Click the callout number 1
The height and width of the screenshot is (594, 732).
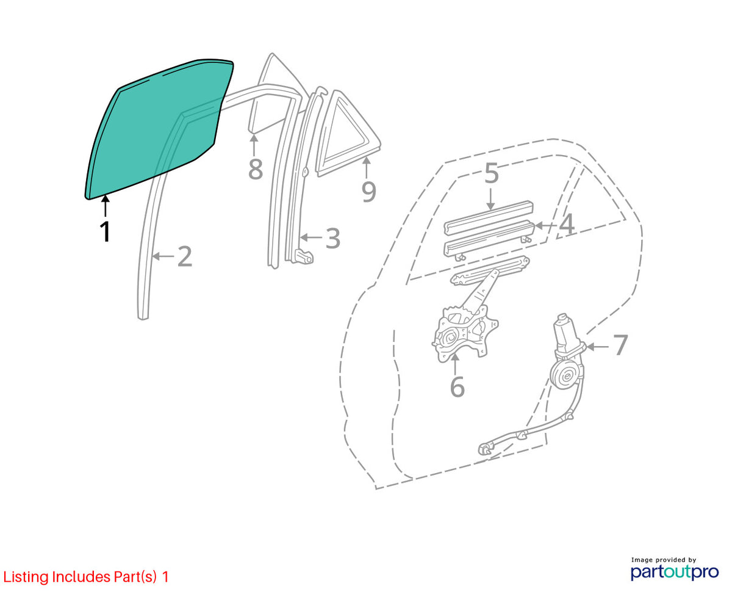click(x=105, y=232)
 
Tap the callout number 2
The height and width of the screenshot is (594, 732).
click(x=185, y=256)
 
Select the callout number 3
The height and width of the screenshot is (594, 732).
click(x=332, y=238)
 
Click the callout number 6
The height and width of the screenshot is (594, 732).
click(x=457, y=386)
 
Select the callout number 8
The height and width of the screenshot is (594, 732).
click(x=256, y=169)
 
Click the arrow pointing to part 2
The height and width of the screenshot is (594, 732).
click(x=164, y=256)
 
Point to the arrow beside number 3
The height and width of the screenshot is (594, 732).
click(x=312, y=237)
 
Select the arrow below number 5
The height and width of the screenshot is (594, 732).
click(x=490, y=198)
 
